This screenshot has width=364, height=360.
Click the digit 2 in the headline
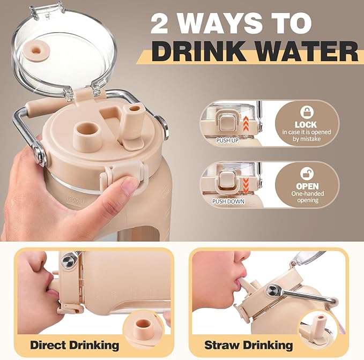click(x=160, y=23)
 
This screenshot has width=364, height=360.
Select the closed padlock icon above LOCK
click(x=307, y=112)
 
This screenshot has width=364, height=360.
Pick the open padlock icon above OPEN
click(x=307, y=173)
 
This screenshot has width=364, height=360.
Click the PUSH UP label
click(x=227, y=140)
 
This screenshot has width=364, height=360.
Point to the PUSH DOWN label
click(x=228, y=201)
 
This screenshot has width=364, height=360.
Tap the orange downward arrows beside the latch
click(x=246, y=185)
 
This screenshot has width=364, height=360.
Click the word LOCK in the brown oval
click(x=306, y=125)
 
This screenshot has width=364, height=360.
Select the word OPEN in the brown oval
click(x=307, y=186)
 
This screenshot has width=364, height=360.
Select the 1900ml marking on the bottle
click(x=75, y=201)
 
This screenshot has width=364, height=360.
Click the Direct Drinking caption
click(x=75, y=345)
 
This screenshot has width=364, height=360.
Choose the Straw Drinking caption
click(x=248, y=345)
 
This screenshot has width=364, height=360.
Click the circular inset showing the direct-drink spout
click(x=143, y=325)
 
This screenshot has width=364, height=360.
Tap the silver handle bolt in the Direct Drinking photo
click(x=68, y=261)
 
